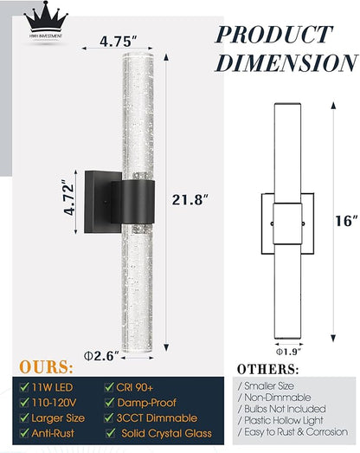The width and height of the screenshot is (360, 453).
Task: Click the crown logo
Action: click(x=46, y=20)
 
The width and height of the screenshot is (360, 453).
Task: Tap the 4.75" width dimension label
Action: click(x=118, y=41)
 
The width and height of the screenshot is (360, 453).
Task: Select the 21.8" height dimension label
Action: click(x=190, y=199)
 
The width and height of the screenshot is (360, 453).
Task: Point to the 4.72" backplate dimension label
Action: click(x=69, y=197)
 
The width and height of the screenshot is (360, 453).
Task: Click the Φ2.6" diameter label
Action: click(x=101, y=356)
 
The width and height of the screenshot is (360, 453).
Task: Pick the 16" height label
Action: click(x=346, y=221)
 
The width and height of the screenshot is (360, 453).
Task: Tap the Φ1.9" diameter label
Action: click(x=289, y=352)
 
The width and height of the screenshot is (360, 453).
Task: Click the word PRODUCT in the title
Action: click(x=273, y=35)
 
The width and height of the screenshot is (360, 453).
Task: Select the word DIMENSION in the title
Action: click(x=286, y=62)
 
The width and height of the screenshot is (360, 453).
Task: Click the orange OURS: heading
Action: click(x=46, y=367)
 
